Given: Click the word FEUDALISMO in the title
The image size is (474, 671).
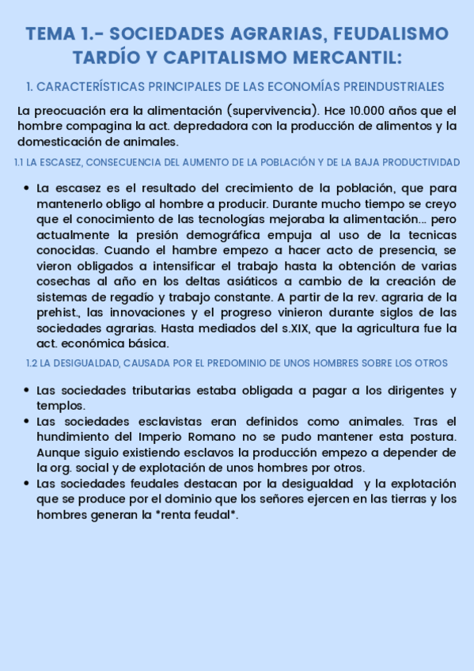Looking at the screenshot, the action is click(x=391, y=34).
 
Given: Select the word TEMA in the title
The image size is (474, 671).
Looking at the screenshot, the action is click(x=51, y=34).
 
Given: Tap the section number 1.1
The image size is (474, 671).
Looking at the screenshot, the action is click(x=19, y=162).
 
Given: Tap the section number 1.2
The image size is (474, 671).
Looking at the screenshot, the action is click(x=32, y=363).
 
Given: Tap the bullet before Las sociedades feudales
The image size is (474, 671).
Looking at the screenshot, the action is click(x=27, y=483).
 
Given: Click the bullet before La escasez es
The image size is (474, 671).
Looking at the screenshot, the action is click(x=27, y=188).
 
